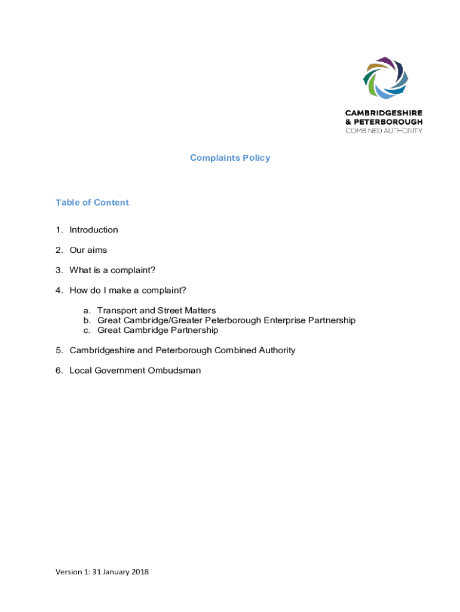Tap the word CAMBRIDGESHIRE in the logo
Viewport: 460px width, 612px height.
click(x=384, y=113)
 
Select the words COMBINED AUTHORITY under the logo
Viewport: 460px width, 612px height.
click(x=384, y=130)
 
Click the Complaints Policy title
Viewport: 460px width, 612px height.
click(x=230, y=158)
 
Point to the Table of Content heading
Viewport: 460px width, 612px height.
click(x=92, y=203)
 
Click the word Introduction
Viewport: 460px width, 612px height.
click(x=94, y=230)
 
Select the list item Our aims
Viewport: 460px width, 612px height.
click(x=88, y=250)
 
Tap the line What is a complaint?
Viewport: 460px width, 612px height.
click(x=112, y=270)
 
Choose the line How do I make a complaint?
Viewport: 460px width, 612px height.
click(x=128, y=290)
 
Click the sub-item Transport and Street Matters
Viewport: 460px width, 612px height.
click(x=157, y=311)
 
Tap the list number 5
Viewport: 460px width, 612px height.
click(x=59, y=350)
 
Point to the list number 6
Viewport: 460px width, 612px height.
click(x=59, y=371)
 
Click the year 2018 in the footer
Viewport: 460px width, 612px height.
click(x=139, y=572)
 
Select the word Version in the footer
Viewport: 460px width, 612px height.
click(x=69, y=572)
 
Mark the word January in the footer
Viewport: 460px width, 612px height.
click(x=114, y=572)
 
